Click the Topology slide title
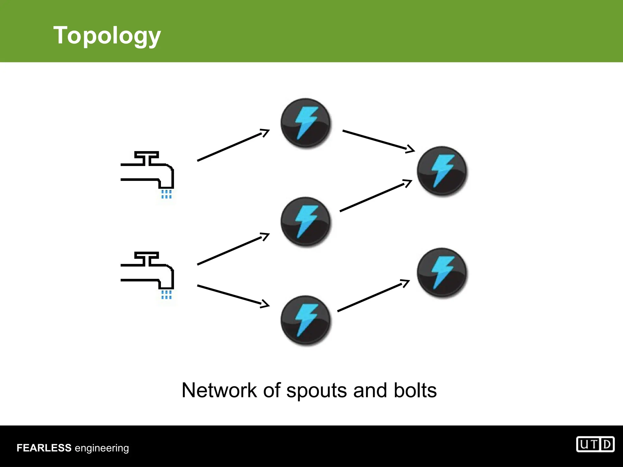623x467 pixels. coord(107,36)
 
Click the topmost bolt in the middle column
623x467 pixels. coord(305,123)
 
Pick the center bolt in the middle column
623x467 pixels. coord(305,221)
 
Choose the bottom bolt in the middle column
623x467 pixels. coord(305,320)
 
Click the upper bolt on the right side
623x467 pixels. coord(442,171)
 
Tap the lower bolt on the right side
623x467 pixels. coord(442,272)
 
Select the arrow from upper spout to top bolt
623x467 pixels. coord(233,145)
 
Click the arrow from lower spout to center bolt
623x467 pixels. coord(233,249)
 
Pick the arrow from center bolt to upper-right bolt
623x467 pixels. coord(376,195)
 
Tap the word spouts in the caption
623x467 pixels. coord(316,391)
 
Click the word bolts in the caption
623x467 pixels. coord(415,390)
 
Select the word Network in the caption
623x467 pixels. coord(219,390)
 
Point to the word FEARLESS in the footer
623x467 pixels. coord(44,448)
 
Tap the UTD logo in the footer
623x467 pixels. coord(595,445)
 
